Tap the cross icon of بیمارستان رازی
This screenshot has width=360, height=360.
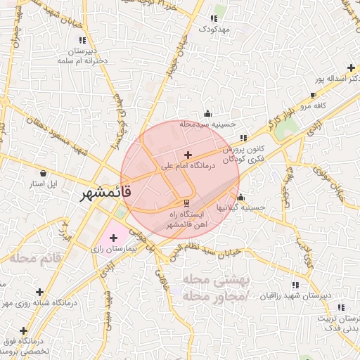click(x=114, y=238)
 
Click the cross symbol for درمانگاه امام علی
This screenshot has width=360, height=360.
click(x=187, y=155)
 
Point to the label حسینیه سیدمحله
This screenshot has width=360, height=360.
click(x=206, y=124)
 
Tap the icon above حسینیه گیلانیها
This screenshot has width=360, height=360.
click(x=242, y=198)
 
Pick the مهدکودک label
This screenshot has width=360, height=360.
click(x=214, y=29)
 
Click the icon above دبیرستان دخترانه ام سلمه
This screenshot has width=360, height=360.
click(x=83, y=41)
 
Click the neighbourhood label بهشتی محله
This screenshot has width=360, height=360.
click(x=216, y=280)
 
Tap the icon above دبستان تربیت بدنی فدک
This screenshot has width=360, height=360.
click(x=341, y=307)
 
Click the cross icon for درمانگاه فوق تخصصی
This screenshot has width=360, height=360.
click(x=25, y=330)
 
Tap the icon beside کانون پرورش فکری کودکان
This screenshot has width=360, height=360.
click(x=243, y=138)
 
